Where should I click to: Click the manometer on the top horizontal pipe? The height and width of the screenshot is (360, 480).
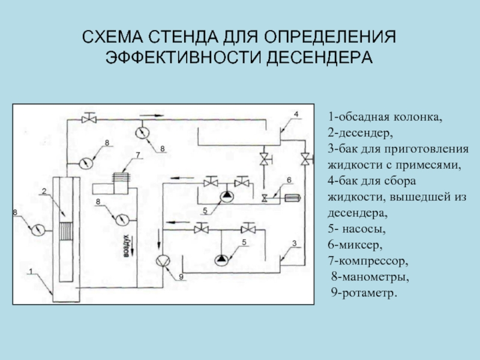(143, 131)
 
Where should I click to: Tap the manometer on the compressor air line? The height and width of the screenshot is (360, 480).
(122, 217)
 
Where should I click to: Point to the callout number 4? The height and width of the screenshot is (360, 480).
(295, 113)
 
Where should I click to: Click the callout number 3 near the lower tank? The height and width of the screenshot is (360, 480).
(294, 243)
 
